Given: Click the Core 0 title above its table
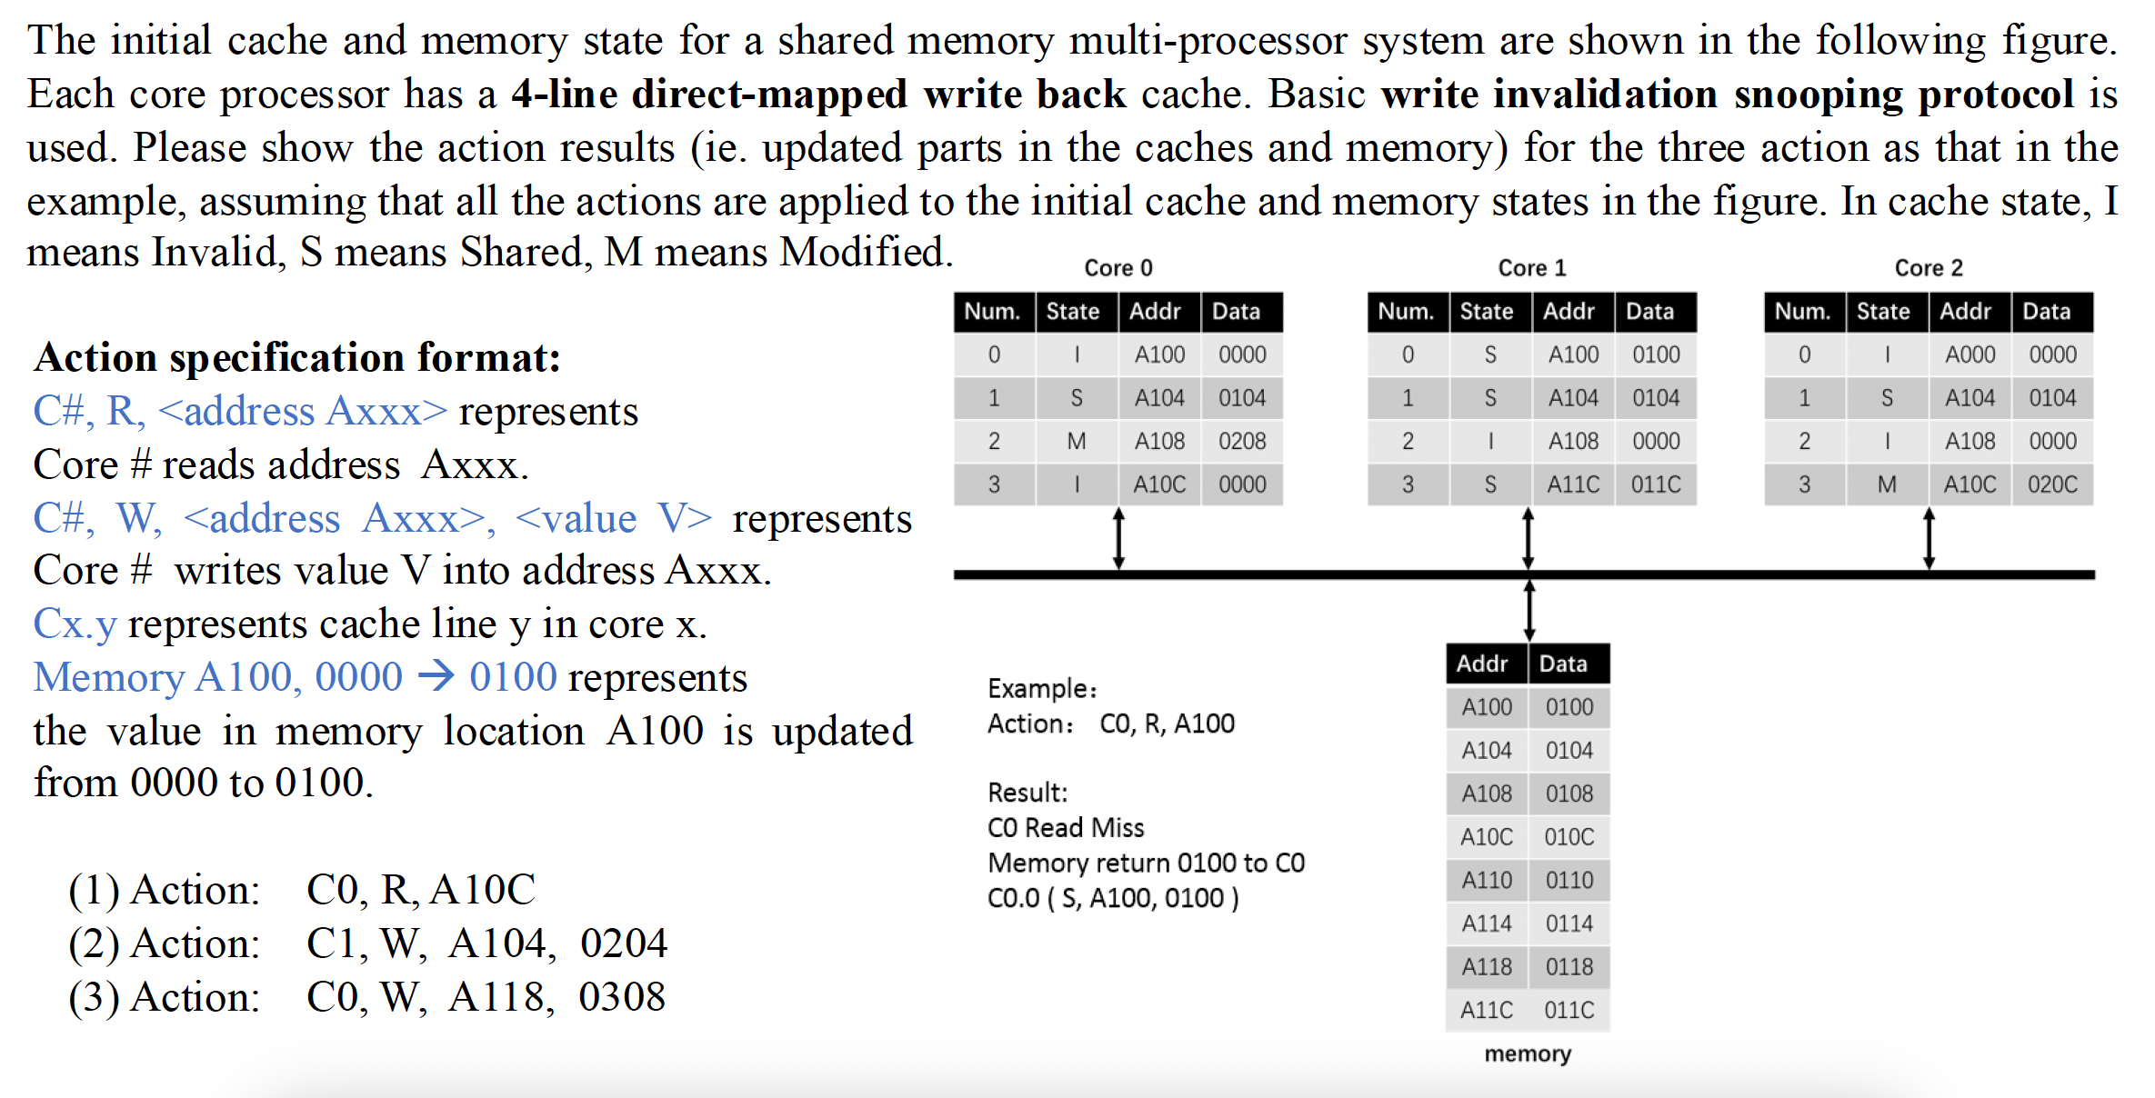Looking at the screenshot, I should click(x=1118, y=268).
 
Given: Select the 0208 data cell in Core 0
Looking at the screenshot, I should click(x=1242, y=442).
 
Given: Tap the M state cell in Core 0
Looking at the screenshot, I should click(x=1077, y=442).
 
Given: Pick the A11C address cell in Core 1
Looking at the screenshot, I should click(x=1573, y=485).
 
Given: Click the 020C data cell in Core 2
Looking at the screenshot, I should click(x=2052, y=485).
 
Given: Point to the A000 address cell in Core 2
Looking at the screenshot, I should click(x=1970, y=355).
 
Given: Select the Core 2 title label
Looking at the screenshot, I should click(x=1928, y=268).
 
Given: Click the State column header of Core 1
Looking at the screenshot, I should click(x=1487, y=312).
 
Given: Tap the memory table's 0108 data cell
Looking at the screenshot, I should click(x=1569, y=794).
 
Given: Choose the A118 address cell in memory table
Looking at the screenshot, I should click(x=1487, y=967).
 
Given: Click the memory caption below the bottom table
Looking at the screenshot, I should click(x=1528, y=1054).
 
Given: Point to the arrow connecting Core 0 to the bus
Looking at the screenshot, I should click(x=1118, y=539).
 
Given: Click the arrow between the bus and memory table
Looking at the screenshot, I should click(x=1529, y=610).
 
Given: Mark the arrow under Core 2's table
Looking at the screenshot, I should click(x=1929, y=539).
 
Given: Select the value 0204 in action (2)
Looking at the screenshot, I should click(x=624, y=943).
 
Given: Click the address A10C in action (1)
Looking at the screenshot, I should click(x=483, y=890).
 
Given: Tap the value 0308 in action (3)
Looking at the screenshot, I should click(x=622, y=997).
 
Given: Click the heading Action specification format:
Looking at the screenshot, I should click(x=297, y=357).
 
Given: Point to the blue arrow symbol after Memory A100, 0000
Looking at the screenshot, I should click(x=436, y=677).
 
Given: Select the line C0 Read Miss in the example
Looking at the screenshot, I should click(x=1066, y=828).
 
